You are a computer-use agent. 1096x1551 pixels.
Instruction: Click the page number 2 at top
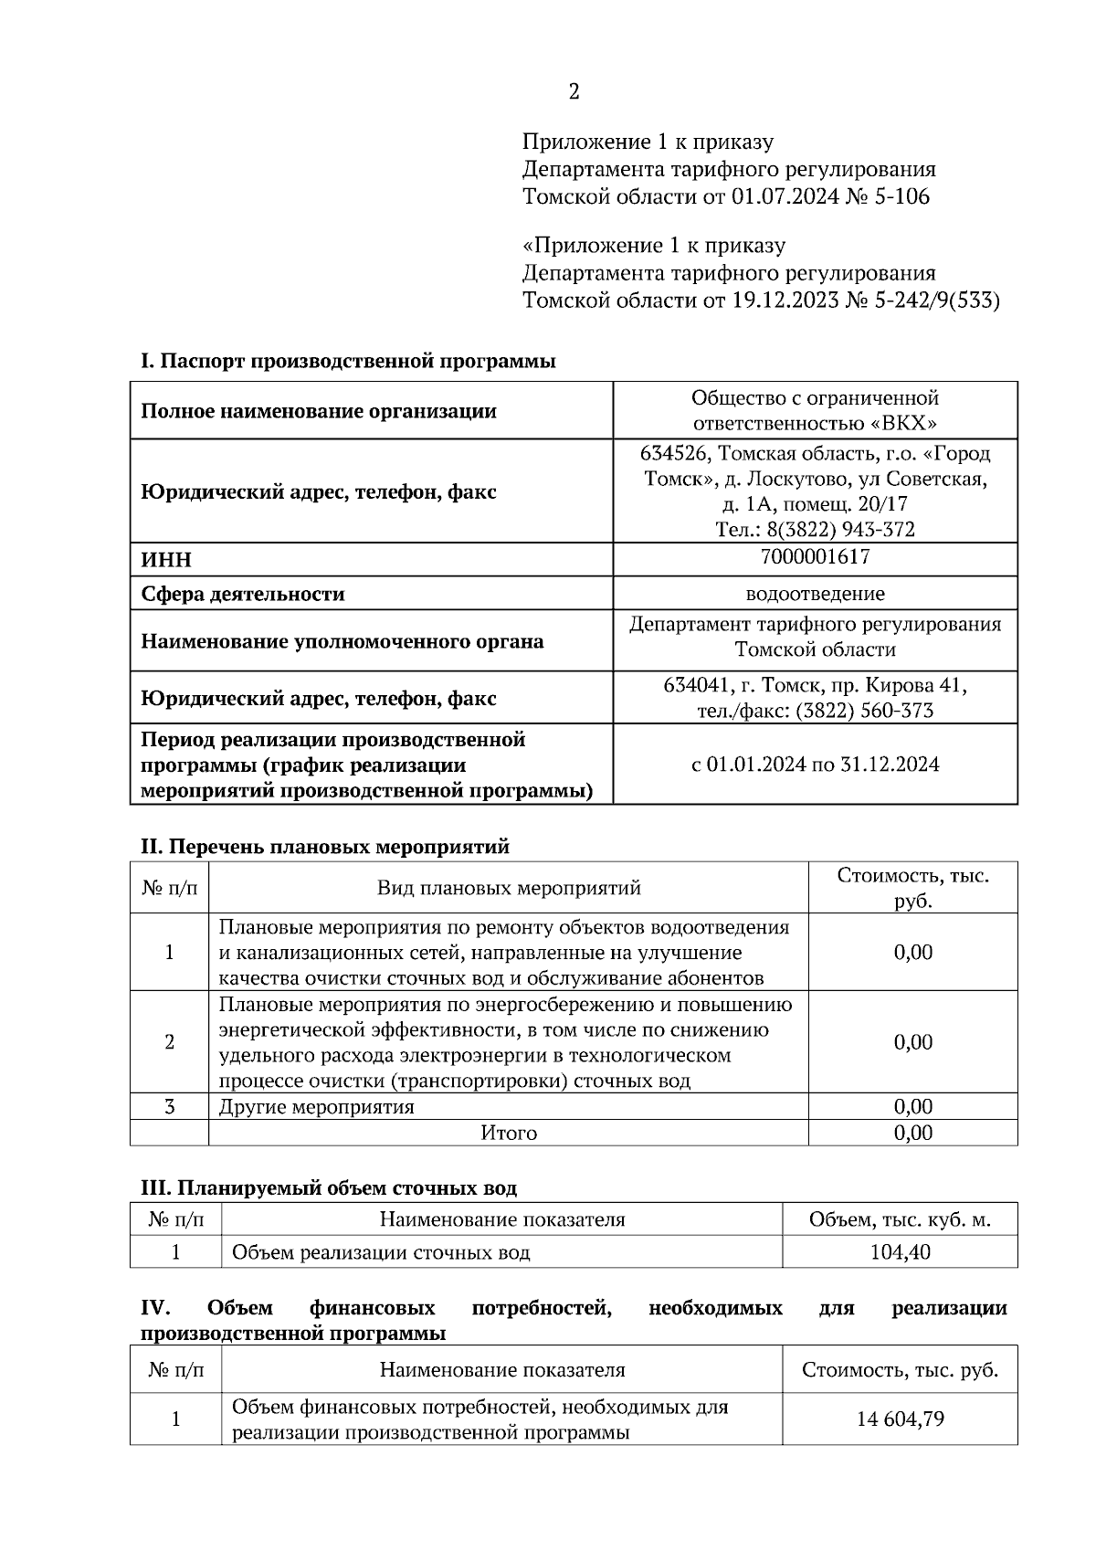tap(574, 91)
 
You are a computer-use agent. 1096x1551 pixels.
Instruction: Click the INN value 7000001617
tap(815, 556)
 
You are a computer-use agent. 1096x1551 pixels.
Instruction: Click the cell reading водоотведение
tap(815, 594)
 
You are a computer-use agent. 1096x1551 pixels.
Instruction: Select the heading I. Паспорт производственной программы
tap(348, 361)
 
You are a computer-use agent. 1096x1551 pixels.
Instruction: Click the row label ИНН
tap(166, 560)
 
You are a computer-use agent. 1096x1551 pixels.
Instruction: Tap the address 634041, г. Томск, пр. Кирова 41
tap(815, 685)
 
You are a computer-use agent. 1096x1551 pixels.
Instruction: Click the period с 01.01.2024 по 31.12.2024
tap(815, 765)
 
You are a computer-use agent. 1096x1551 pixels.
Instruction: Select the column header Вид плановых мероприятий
tap(509, 888)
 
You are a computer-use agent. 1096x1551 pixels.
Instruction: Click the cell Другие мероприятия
tap(316, 1107)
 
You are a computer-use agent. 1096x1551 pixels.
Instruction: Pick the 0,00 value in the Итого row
tap(912, 1134)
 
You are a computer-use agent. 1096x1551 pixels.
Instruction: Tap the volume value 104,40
tap(900, 1252)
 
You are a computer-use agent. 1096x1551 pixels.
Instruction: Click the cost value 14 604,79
tap(900, 1419)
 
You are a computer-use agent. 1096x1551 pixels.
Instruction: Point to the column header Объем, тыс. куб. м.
tap(900, 1219)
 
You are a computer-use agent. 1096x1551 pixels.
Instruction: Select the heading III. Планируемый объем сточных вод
tap(328, 1188)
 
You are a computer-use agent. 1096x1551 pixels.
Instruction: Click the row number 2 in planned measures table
tap(169, 1042)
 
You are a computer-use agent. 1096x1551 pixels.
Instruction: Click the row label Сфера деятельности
tap(242, 595)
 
